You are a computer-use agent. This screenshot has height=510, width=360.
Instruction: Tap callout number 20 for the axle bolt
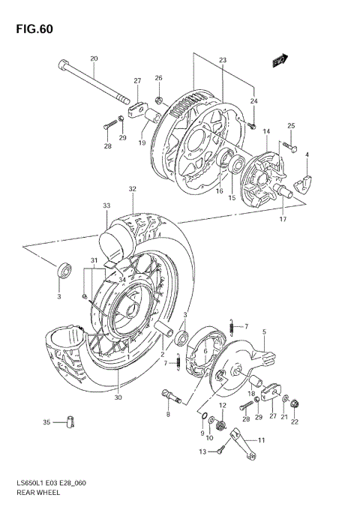coord(94,58)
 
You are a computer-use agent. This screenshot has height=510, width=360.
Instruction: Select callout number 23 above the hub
coord(223,60)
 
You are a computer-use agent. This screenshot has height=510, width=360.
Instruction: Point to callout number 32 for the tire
coord(132,189)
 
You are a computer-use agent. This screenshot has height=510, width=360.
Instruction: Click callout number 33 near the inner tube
coord(106,205)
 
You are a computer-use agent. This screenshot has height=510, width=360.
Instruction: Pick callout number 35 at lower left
coord(46,423)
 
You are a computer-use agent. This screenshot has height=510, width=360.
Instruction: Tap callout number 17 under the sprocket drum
coord(283,220)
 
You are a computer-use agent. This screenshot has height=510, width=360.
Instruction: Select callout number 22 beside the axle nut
coord(294,422)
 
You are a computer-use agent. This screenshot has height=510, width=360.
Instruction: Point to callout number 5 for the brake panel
coord(264,331)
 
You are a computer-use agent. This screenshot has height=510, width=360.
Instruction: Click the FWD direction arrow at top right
coord(280,60)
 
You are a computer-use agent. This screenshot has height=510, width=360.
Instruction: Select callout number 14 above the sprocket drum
coord(265,131)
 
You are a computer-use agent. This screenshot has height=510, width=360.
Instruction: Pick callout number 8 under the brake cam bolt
coord(168,414)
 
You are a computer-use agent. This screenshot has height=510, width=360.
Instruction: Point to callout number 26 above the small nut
coord(158,78)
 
